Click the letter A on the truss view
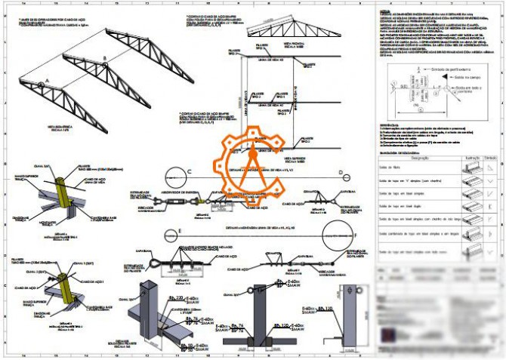[47, 79]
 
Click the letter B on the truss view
[105, 57]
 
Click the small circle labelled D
[341, 174]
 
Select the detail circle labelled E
[181, 232]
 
